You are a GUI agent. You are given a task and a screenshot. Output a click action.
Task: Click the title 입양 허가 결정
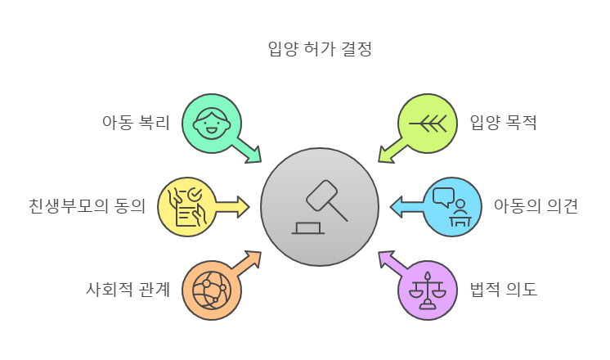coord(320,49)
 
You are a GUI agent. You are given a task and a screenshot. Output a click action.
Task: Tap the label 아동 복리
coord(135,123)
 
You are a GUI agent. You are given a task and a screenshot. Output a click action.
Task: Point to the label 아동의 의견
coord(535,205)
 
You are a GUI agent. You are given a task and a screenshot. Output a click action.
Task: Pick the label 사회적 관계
coord(128,289)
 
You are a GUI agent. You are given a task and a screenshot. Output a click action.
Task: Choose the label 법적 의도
coord(503,289)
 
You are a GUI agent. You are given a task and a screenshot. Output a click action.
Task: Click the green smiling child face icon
coord(211,124)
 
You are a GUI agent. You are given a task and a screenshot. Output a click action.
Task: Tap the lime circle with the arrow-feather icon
coord(428,124)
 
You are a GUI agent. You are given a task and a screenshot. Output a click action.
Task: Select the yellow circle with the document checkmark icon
coord(186,207)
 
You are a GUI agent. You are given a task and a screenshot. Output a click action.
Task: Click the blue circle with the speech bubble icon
coord(452,207)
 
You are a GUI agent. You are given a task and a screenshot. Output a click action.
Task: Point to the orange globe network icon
coord(211,290)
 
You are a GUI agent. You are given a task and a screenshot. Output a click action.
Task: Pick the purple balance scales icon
coord(428,290)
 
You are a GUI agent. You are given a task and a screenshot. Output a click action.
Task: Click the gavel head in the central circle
coord(321,196)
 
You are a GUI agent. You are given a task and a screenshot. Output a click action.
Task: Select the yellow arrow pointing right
coord(232,206)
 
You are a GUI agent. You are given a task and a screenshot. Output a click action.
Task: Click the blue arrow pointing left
coord(406,206)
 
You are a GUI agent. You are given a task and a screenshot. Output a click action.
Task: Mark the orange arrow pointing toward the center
coord(245,263)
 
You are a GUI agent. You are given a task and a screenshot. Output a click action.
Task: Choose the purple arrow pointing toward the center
coord(393,263)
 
